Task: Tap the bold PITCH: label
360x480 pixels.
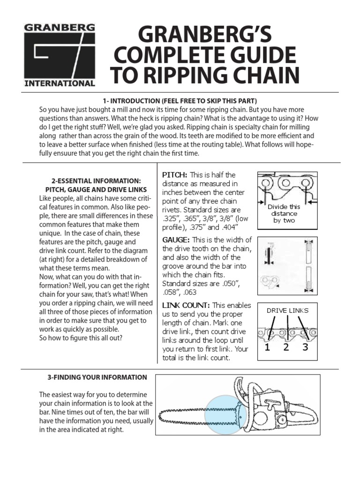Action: coord(175,175)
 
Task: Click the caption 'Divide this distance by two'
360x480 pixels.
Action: coord(284,213)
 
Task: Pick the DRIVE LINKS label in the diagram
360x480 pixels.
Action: coord(287,310)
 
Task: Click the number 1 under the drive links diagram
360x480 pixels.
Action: coord(267,348)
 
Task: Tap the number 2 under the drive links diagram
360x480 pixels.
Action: coord(286,348)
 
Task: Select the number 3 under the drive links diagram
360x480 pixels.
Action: coord(305,348)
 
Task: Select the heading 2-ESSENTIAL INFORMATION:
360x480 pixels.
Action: coord(96,180)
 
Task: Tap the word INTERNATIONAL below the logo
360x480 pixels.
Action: coord(60,84)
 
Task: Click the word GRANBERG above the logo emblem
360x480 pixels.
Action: coord(60,27)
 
